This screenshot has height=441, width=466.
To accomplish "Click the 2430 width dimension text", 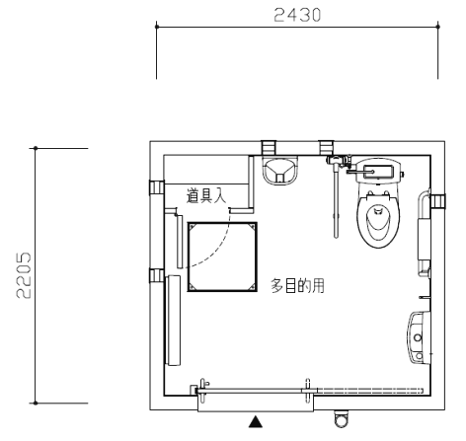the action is pos(297,15).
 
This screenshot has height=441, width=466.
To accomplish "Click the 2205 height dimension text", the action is pos(24,275).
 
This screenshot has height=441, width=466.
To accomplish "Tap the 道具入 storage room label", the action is pos(206,195).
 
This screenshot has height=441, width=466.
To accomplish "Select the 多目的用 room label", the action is pos(297,285).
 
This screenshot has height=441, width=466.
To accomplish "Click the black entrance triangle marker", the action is pos(256,422).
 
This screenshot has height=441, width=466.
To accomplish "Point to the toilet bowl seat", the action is pos(378,220).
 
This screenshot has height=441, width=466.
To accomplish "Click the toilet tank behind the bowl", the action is pos(378,171).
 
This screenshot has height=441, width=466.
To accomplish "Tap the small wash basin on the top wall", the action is pos(280,171).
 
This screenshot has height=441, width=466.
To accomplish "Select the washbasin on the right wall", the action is pos(419,337).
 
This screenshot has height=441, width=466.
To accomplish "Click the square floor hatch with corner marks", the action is pos(222,257).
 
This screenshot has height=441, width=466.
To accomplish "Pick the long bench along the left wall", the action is pos(174,321).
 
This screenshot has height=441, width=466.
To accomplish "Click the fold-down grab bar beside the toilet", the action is pos(336,197).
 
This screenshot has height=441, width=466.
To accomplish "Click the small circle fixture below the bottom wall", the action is pos(342,418).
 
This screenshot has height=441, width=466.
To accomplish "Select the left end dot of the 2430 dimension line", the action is pos(157,27).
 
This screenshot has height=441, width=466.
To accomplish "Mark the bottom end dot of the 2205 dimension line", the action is pos(36,404).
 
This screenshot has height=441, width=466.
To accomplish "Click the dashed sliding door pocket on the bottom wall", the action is pos(368,391).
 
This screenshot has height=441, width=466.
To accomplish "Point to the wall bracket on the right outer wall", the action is pos(438,201).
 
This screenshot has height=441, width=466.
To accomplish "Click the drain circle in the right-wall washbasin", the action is pos(418,337).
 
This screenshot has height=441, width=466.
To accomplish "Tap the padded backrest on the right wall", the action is pos(425,239).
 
